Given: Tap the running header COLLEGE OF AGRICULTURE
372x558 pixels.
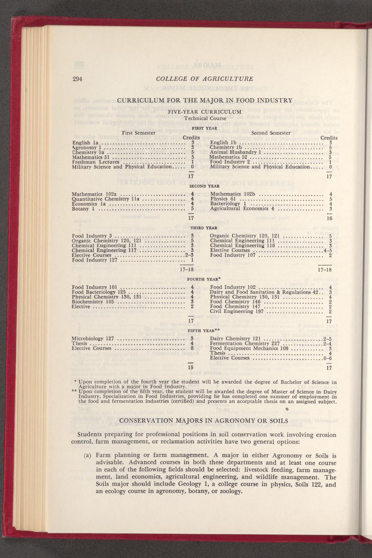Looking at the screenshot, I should (x=205, y=79).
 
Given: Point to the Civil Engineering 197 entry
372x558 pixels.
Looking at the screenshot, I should (x=237, y=312).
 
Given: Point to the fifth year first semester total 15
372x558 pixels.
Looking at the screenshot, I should (x=191, y=368).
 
